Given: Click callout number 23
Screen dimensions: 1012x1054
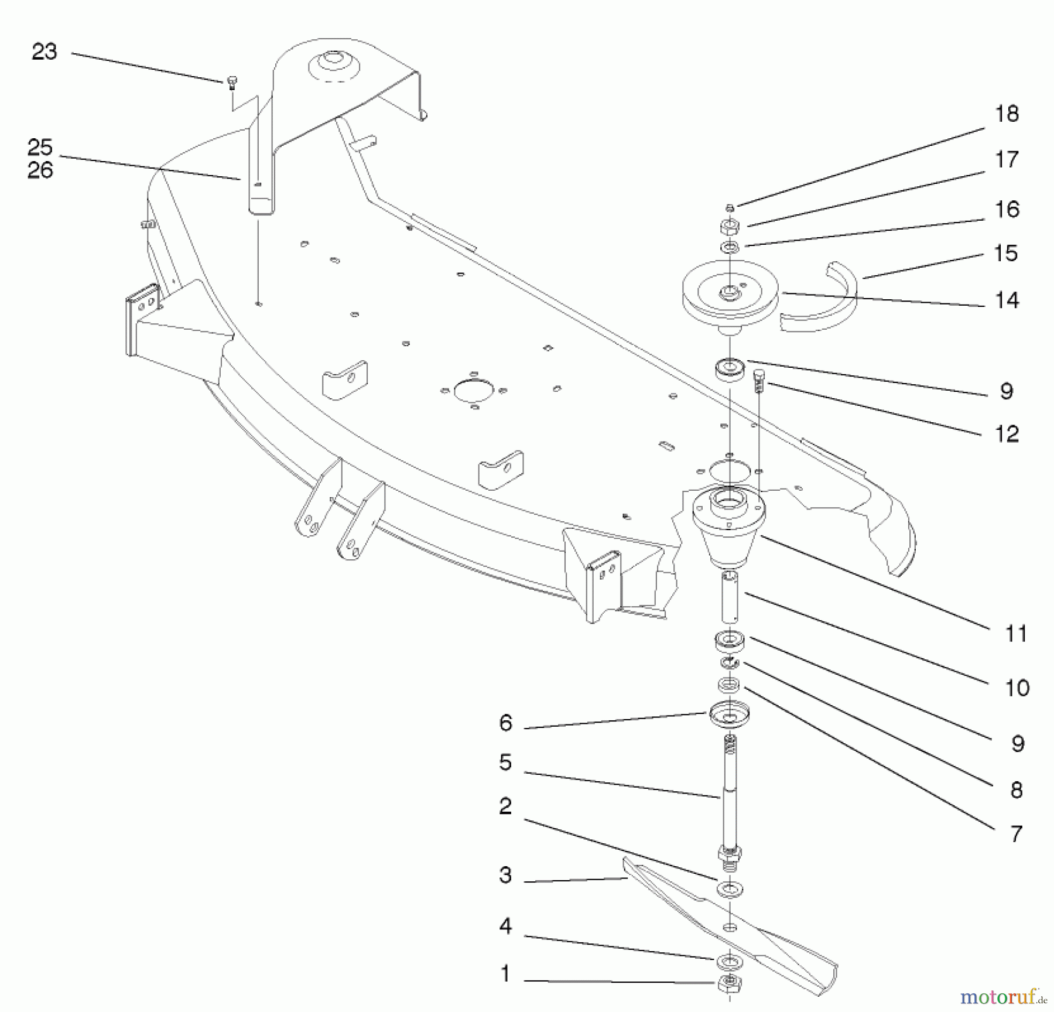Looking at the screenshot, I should (45, 52).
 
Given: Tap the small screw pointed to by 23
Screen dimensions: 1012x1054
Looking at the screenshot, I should (231, 82).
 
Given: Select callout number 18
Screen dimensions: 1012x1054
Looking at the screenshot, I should (1007, 114).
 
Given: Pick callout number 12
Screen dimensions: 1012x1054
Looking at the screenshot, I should (1007, 434).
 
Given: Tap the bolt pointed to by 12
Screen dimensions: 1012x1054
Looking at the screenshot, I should (759, 381).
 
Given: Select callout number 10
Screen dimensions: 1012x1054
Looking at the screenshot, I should (1017, 688).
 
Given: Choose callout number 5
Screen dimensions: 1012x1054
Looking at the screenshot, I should (505, 763).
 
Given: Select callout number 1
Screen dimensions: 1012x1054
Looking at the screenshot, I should (505, 973).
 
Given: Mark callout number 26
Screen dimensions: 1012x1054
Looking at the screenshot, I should (40, 170).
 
